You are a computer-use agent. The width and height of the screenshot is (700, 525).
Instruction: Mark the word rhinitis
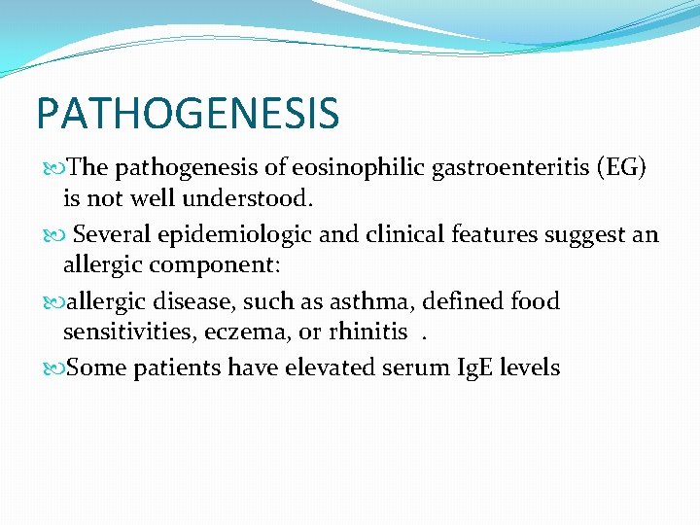tap(367, 332)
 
